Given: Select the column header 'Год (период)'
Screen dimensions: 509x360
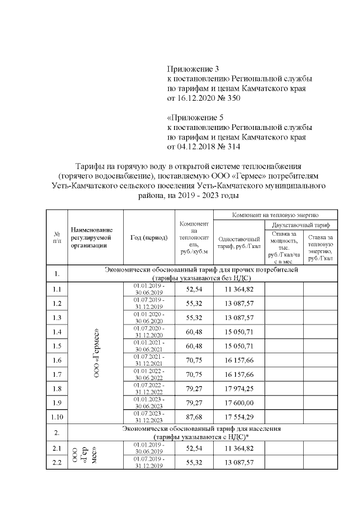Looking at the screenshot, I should [x=148, y=238].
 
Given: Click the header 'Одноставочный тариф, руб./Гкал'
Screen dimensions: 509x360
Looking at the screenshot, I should [x=238, y=242].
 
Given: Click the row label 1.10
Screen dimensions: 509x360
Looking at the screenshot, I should [x=57, y=417].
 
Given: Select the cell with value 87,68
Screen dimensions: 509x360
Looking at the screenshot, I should [x=192, y=417].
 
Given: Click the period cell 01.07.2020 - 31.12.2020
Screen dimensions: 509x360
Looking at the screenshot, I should [x=149, y=331].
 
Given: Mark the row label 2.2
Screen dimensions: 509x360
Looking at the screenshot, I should [x=57, y=462].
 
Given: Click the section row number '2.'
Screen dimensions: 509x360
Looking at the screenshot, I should [x=57, y=433].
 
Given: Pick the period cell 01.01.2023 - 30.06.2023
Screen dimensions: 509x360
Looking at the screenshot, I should [x=149, y=403].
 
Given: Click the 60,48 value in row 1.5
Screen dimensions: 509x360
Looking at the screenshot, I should [x=192, y=345].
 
